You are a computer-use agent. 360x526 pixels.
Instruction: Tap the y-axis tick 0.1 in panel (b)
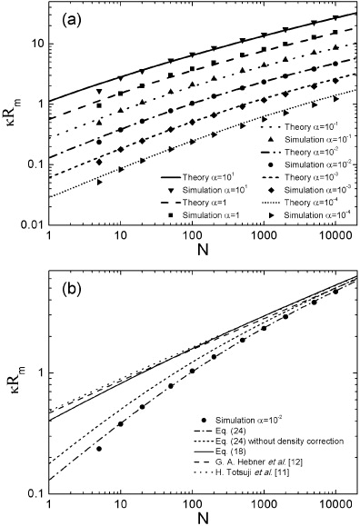(36, 492)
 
